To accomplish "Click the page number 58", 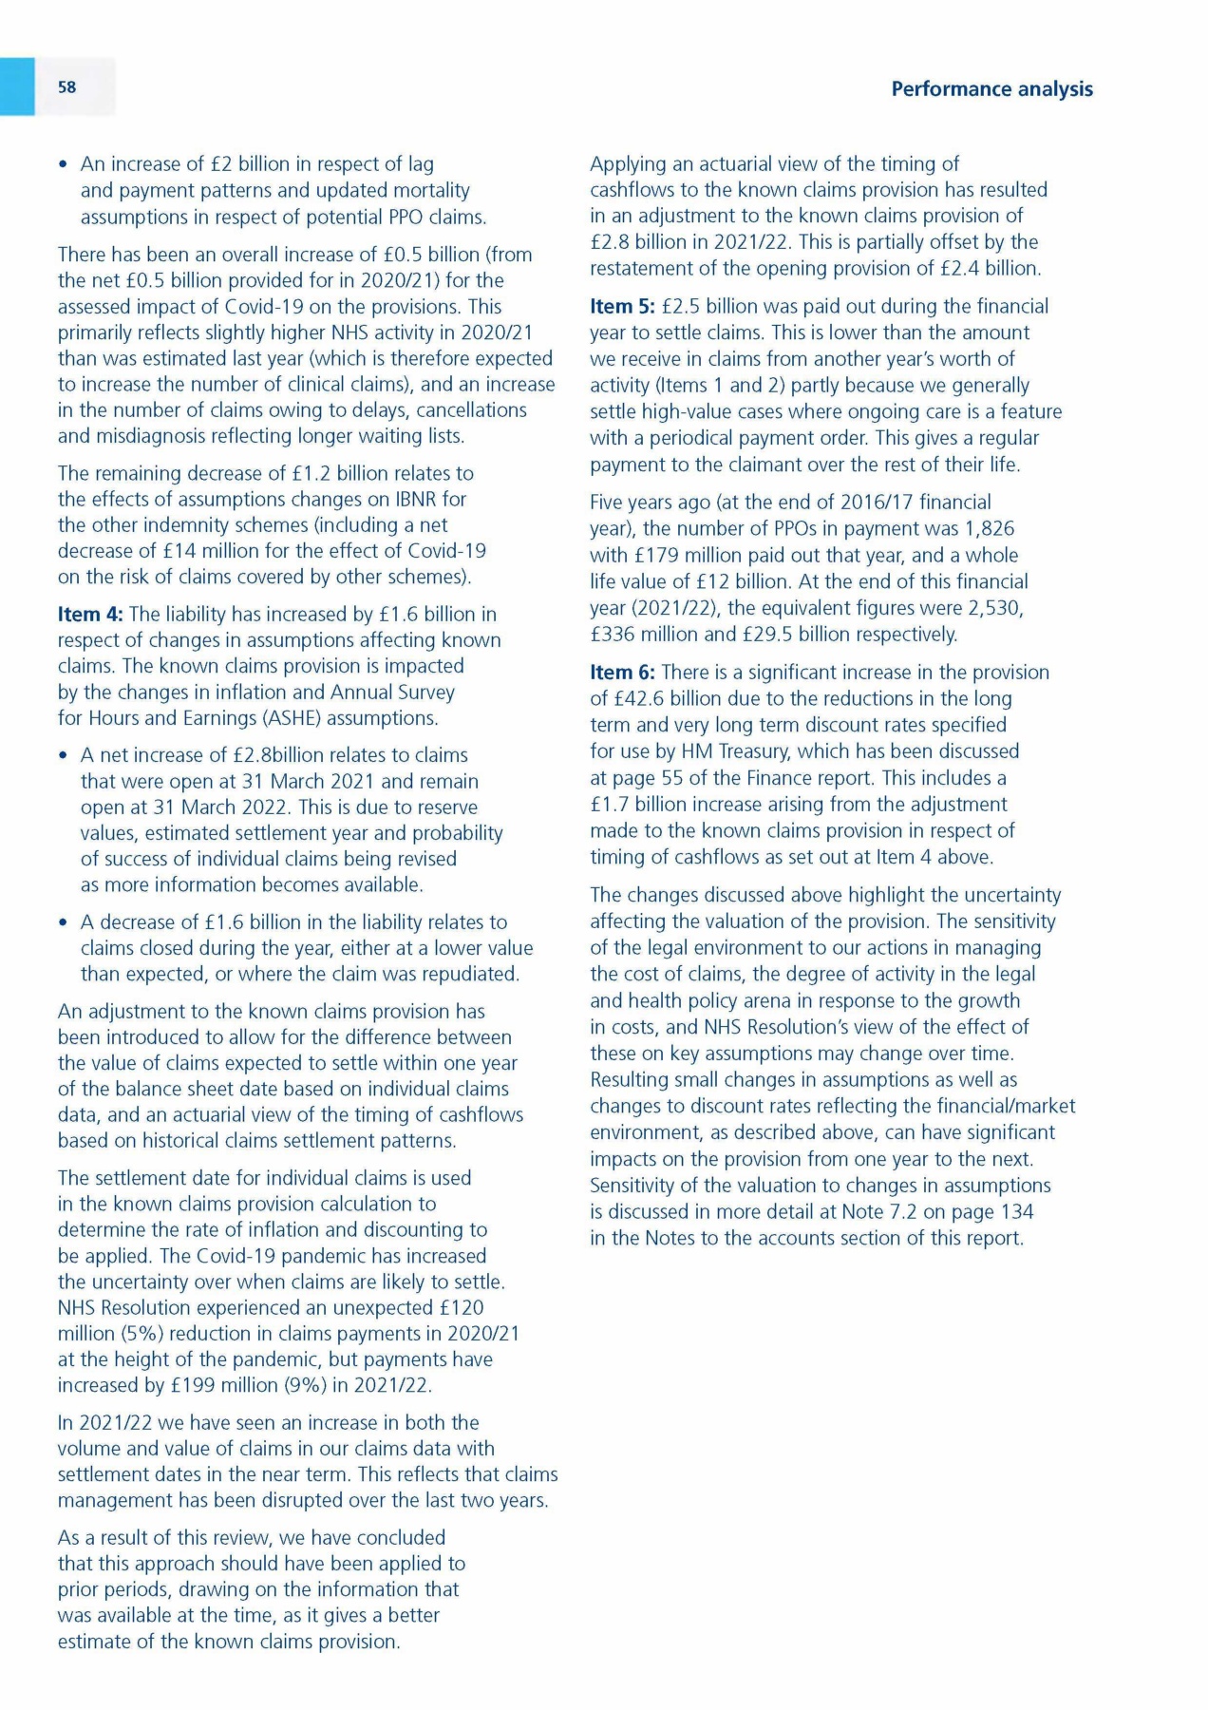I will [x=66, y=87].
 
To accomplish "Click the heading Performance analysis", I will [x=991, y=89].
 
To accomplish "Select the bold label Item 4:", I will [x=90, y=615].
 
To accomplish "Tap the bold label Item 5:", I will [x=622, y=307].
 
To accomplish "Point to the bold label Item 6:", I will [x=622, y=673].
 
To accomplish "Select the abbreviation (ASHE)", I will [x=274, y=718].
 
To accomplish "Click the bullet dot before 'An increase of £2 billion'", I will [x=64, y=165].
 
